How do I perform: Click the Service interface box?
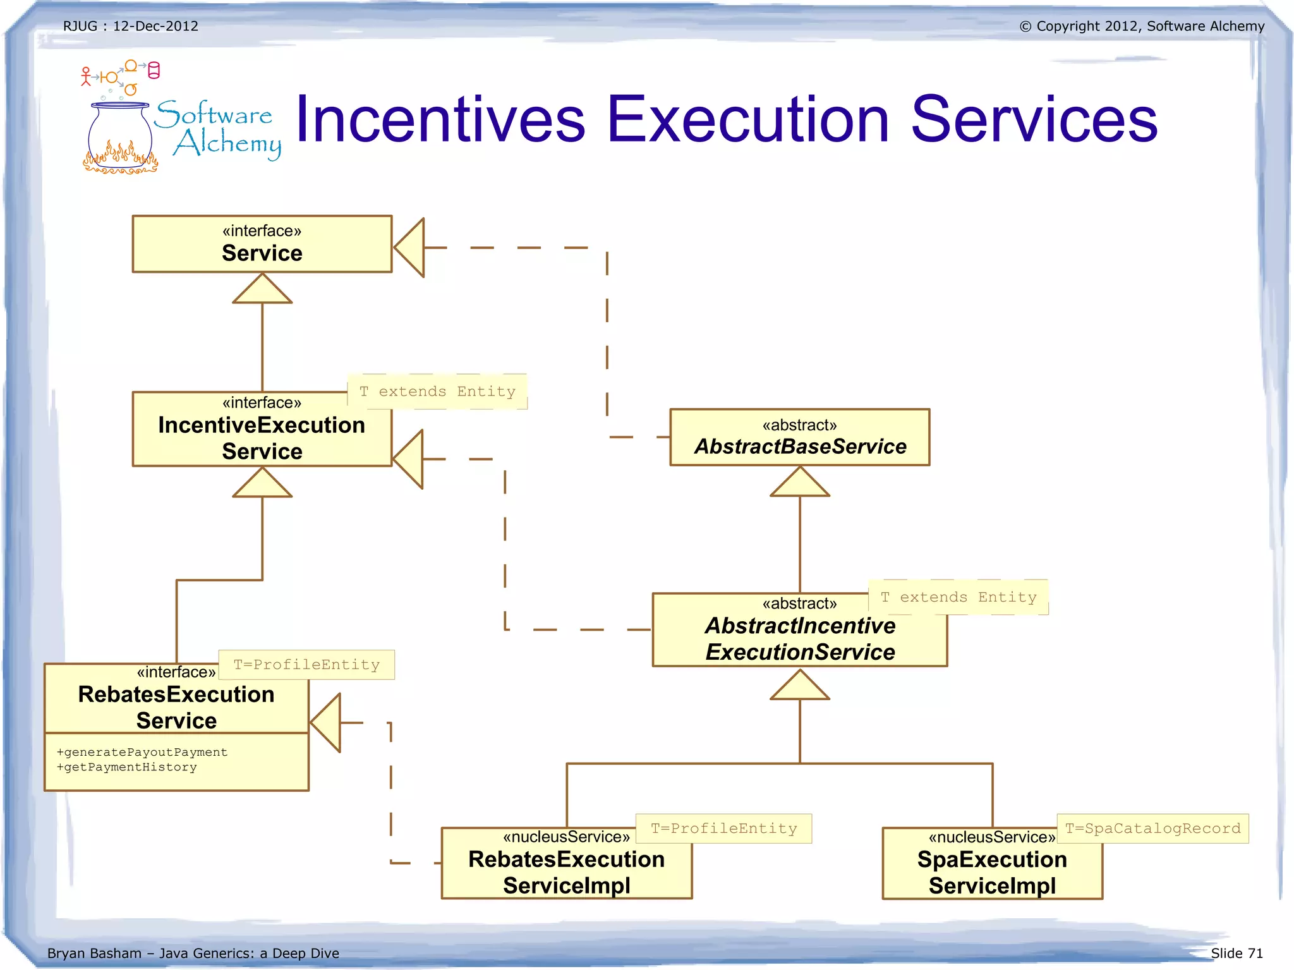pyautogui.click(x=262, y=244)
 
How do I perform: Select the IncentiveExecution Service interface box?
pyautogui.click(x=262, y=430)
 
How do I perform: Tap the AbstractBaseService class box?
pyautogui.click(x=799, y=437)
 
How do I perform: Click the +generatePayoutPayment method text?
pyautogui.click(x=142, y=752)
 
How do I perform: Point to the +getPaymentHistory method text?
pyautogui.click(x=127, y=767)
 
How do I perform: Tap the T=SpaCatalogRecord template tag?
pyautogui.click(x=1152, y=828)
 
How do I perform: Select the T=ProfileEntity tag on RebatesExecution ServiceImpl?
pyautogui.click(x=723, y=828)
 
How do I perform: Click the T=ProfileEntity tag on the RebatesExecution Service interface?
pyautogui.click(x=306, y=665)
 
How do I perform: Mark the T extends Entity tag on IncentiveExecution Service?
pyautogui.click(x=437, y=392)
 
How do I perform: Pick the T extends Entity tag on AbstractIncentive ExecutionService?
pyautogui.click(x=958, y=597)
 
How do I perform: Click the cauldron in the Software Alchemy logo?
pyautogui.click(x=120, y=136)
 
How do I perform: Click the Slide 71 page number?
pyautogui.click(x=1237, y=953)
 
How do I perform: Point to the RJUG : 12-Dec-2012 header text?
pyautogui.click(x=131, y=26)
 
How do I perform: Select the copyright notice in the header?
pyautogui.click(x=1142, y=26)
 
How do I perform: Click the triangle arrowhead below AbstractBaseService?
pyautogui.click(x=799, y=483)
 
